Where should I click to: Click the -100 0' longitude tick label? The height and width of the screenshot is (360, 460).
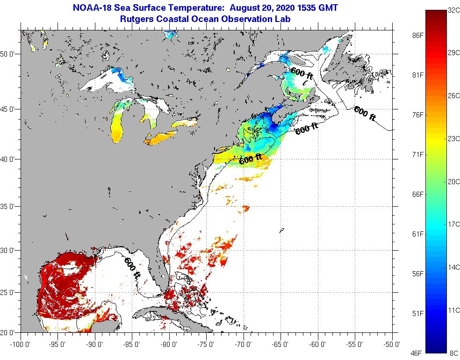tap(19, 345)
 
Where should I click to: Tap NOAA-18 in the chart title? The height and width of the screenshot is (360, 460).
tap(88, 8)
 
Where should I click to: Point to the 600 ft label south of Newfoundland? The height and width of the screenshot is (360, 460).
tap(365, 114)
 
